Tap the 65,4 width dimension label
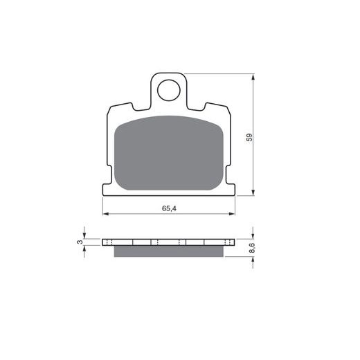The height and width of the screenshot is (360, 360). click(169, 208)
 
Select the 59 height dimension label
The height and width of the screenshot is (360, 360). click(249, 137)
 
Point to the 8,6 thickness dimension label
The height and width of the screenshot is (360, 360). click(252, 248)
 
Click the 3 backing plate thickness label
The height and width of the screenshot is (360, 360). click(80, 242)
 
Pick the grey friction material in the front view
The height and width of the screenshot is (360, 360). click(169, 153)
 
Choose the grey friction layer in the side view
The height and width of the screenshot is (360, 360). click(169, 251)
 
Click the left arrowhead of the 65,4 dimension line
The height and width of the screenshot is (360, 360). click(106, 214)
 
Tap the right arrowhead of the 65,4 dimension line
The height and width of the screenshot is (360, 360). click(232, 214)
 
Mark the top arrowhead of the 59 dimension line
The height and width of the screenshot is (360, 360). click(253, 77)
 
